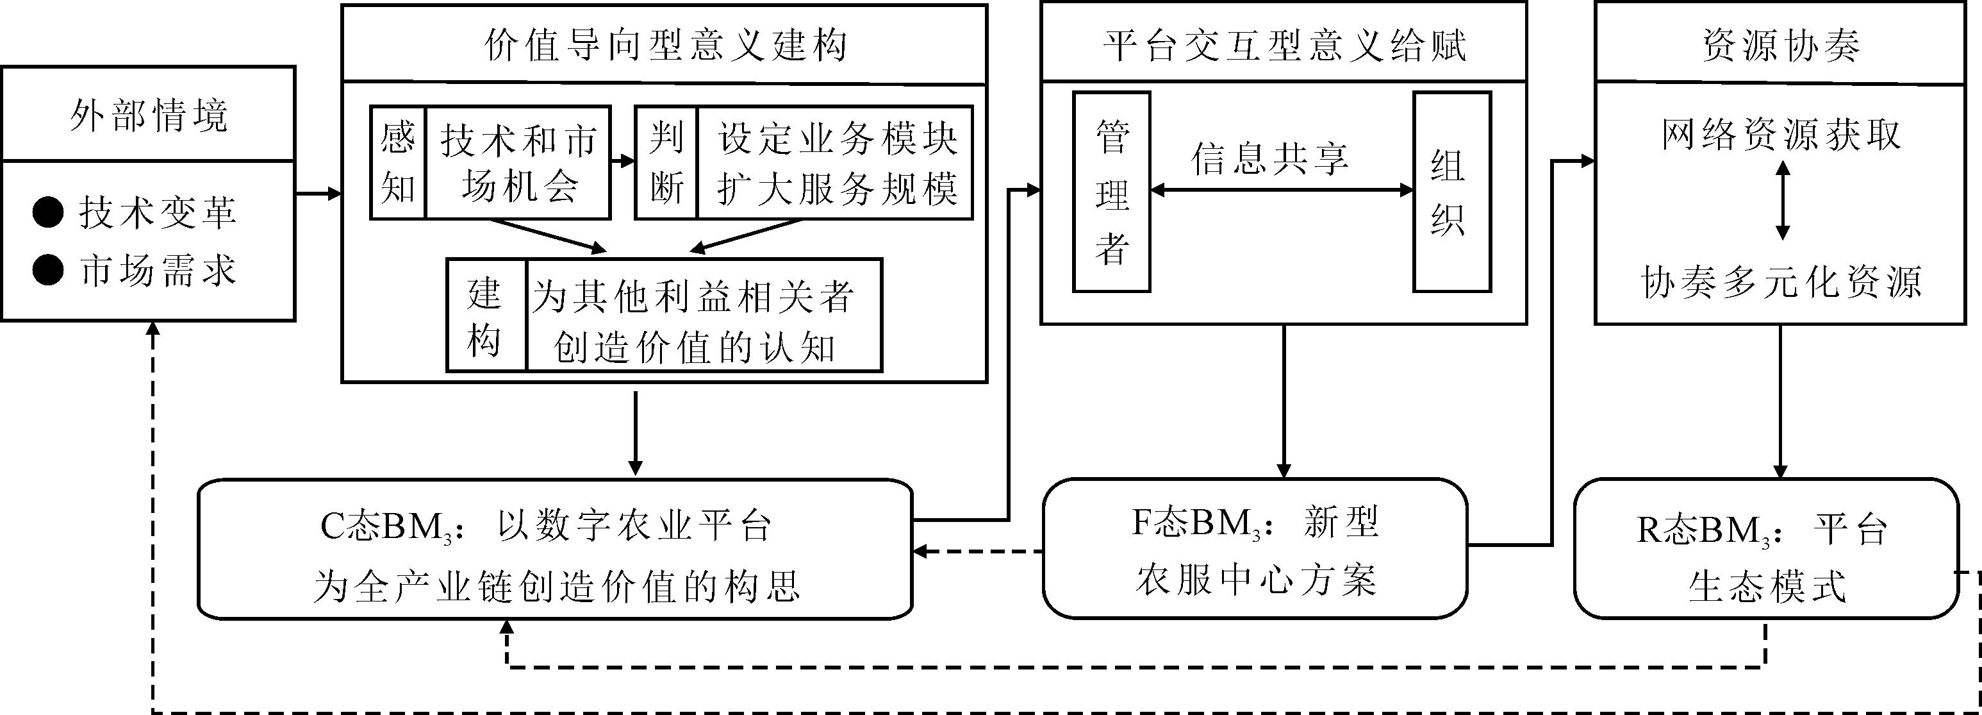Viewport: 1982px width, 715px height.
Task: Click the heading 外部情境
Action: coord(149,115)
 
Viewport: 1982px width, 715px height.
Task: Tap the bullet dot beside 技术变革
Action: coord(47,212)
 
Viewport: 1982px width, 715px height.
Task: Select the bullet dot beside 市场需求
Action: coord(47,270)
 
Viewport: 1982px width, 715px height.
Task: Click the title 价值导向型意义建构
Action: coord(665,45)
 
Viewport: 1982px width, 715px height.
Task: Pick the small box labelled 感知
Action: coord(398,162)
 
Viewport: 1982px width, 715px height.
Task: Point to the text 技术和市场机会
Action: coord(518,162)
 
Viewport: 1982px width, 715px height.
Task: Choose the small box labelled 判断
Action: coord(666,162)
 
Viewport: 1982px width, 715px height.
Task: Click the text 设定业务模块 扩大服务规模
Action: coord(836,162)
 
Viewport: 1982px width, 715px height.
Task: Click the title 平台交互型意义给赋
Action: coord(1284,45)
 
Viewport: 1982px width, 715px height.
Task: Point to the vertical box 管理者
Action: coord(1112,192)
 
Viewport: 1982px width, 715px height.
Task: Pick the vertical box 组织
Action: coord(1452,192)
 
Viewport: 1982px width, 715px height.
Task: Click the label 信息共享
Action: coord(1269,158)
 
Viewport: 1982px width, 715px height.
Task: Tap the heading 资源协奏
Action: coord(1780,45)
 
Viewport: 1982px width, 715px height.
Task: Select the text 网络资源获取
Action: coord(1780,135)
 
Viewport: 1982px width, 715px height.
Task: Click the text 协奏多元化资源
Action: coord(1780,282)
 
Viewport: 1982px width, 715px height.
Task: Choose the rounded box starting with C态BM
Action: coord(556,549)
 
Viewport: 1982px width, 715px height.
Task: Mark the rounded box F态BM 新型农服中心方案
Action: coord(1255,549)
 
